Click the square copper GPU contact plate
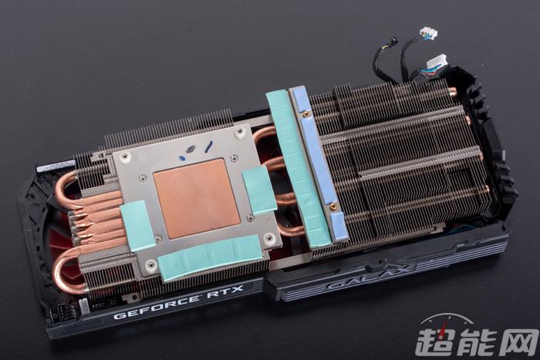[x=197, y=198]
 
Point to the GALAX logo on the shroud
[x=371, y=275]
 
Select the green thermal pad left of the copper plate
[x=137, y=226]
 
